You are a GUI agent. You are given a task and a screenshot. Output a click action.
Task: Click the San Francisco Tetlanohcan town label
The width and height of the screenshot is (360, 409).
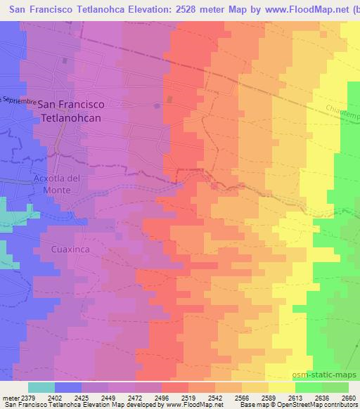[x=71, y=111]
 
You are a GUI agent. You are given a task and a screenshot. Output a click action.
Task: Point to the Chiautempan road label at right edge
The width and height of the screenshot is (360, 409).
[x=343, y=111]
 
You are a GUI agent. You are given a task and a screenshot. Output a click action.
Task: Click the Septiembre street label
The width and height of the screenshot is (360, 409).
[x=19, y=100]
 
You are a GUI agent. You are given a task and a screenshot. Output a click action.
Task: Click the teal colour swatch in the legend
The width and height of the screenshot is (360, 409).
[x=41, y=387]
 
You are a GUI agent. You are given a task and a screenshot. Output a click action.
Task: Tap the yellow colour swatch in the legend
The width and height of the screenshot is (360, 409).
[x=281, y=387]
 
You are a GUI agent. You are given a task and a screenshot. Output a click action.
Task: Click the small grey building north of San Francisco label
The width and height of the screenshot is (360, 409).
[x=65, y=60]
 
